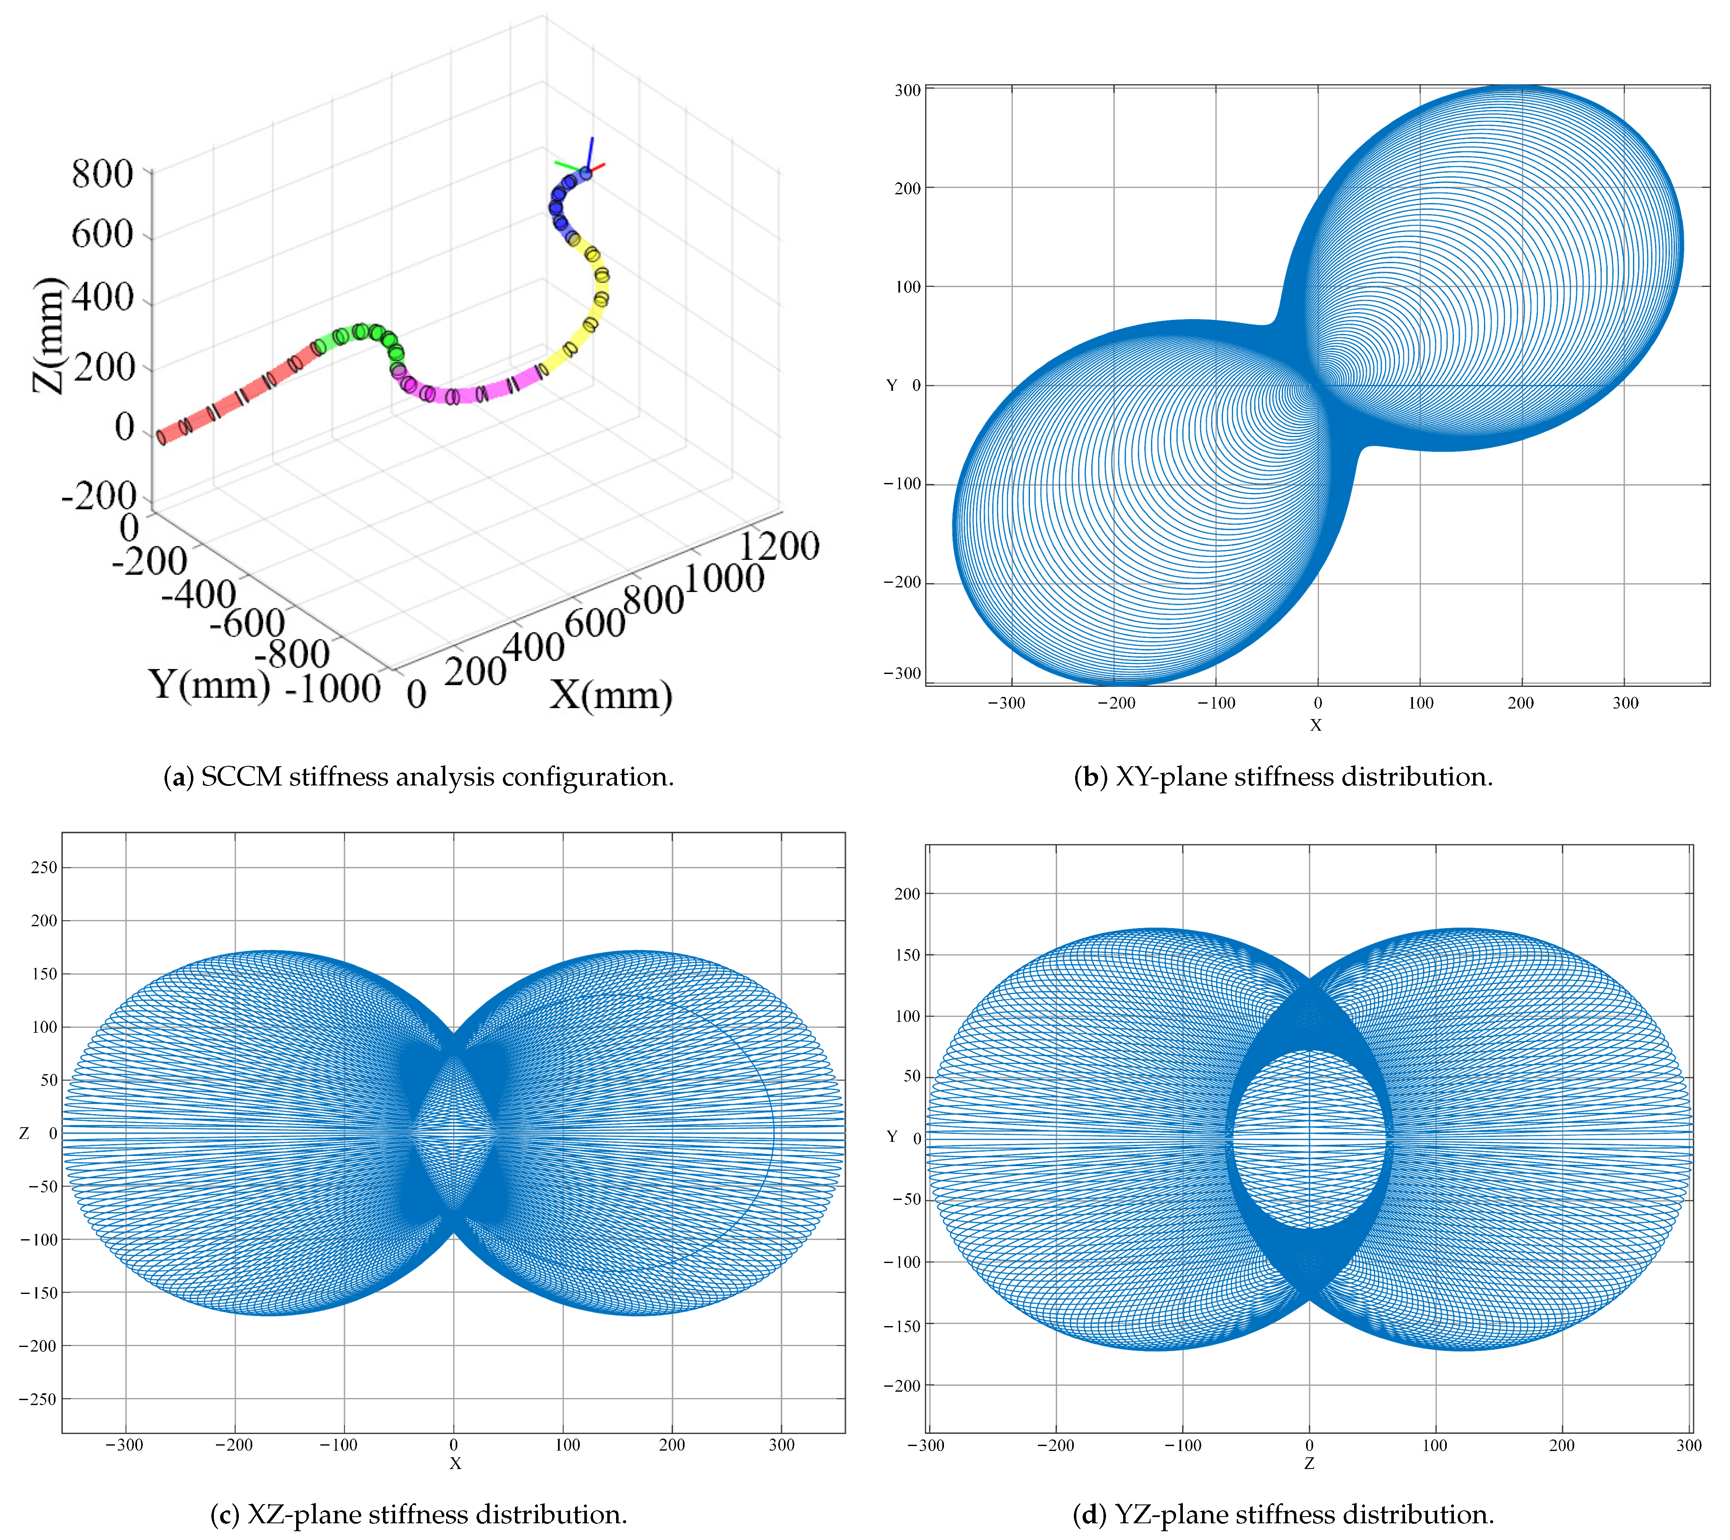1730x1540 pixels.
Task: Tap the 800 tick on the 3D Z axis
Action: [102, 174]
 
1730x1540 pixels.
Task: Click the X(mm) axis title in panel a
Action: [610, 696]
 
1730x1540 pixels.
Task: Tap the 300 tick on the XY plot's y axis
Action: [907, 91]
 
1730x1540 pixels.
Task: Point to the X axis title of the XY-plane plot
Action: [1315, 726]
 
